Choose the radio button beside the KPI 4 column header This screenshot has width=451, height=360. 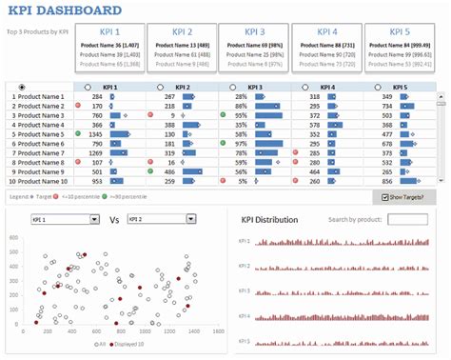(x=304, y=87)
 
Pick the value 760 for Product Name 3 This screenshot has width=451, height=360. (x=97, y=115)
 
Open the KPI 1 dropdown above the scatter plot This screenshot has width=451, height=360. (x=64, y=219)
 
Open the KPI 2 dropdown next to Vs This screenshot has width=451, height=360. (x=158, y=219)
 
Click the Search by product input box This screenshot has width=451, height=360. (x=407, y=219)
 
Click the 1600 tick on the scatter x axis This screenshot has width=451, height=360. (x=218, y=330)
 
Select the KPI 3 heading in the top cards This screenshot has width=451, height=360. (x=254, y=31)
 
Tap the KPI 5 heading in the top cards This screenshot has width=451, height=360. (x=401, y=31)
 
